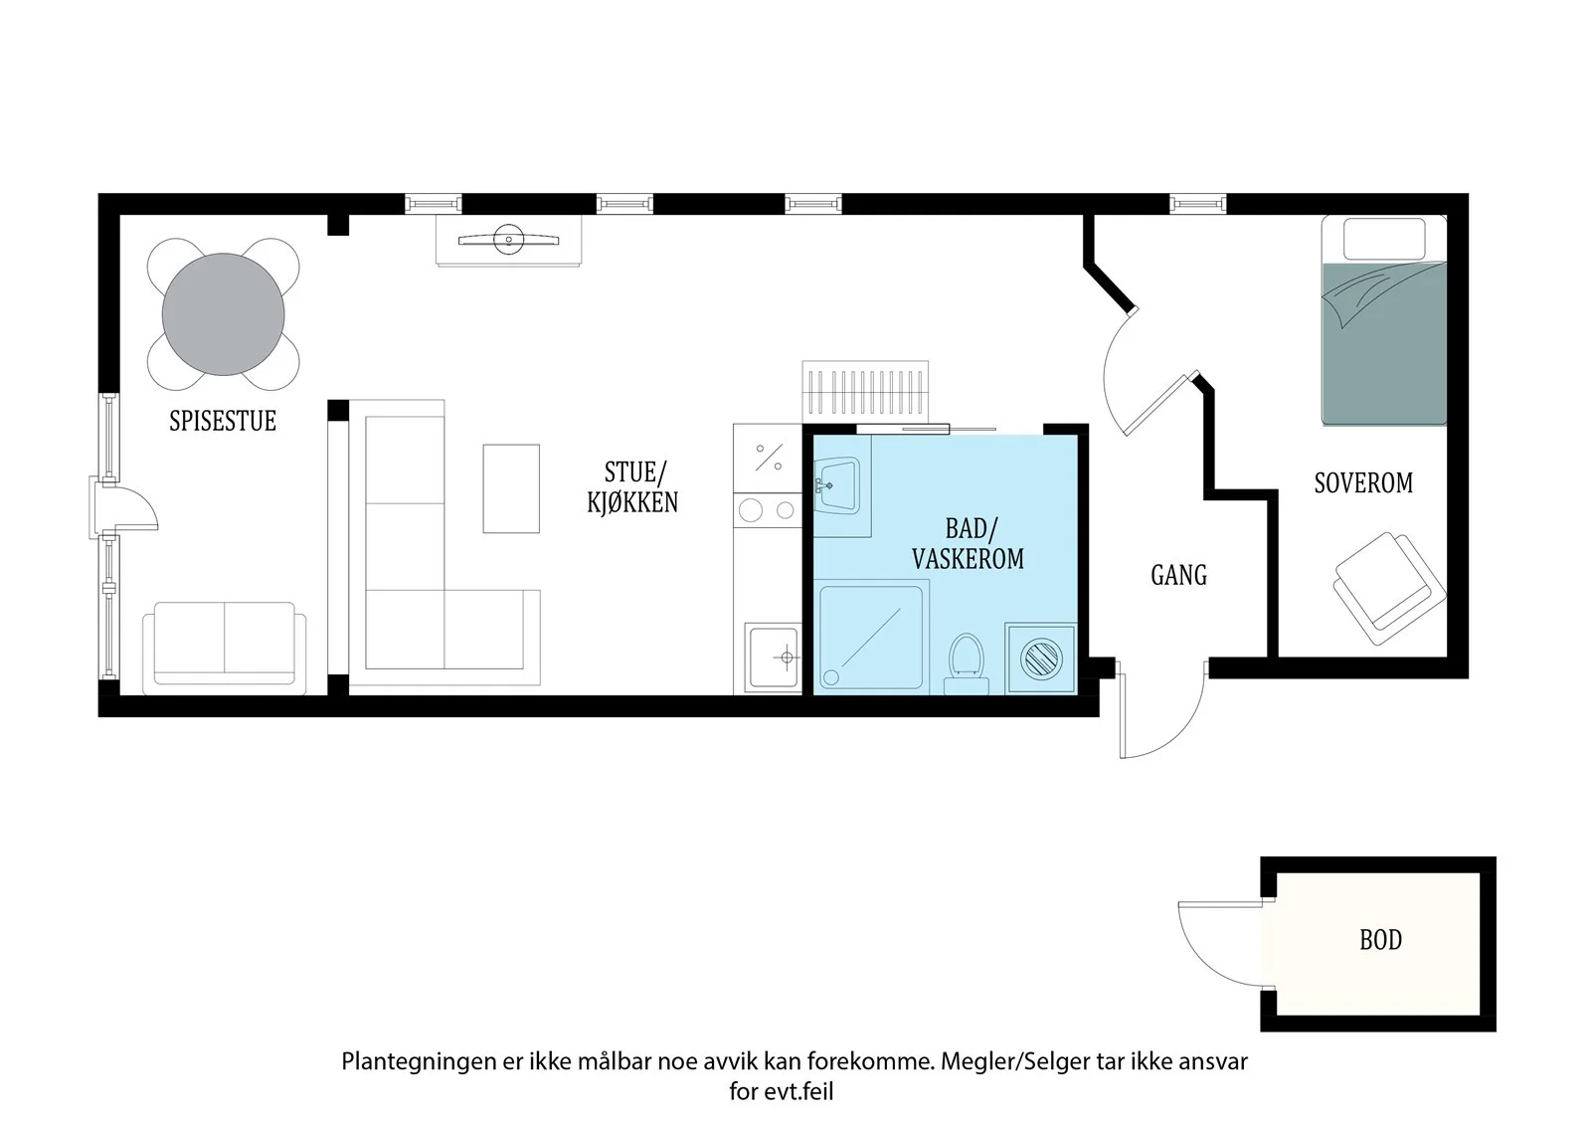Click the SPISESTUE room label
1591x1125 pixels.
point(223,421)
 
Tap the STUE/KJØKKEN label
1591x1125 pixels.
point(632,487)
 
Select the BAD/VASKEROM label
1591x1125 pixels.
point(969,544)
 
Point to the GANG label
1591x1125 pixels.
point(1179,575)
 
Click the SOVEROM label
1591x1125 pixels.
point(1363,483)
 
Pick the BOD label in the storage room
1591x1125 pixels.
point(1381,940)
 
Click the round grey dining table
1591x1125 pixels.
point(223,314)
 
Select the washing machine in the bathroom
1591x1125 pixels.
point(1040,658)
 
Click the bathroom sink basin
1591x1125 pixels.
point(838,484)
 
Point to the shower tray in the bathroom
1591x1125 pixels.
point(871,636)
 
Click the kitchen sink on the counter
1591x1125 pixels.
point(773,657)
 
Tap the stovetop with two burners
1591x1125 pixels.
point(768,509)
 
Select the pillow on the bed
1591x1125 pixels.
point(1384,239)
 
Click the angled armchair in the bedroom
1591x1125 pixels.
point(1388,589)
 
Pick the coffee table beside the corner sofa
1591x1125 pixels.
point(511,489)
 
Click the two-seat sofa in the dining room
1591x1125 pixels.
point(225,649)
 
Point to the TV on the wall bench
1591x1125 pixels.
point(508,240)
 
